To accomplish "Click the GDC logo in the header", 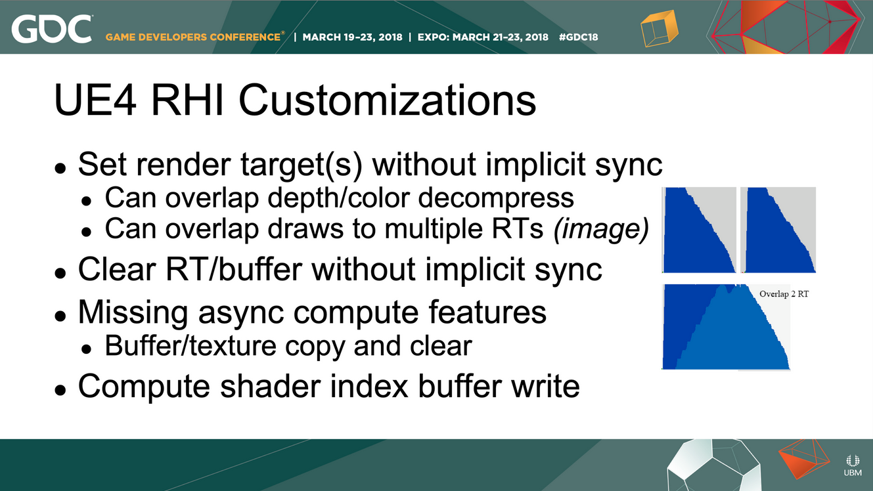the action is tap(52, 29).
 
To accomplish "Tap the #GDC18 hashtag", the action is tap(578, 37).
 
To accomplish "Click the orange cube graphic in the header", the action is tap(660, 28).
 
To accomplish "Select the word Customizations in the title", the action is tap(387, 100).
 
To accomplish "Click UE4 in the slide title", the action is tap(95, 100).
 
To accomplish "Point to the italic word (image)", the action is tap(601, 228).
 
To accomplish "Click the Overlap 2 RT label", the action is tap(784, 294).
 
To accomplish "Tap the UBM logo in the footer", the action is tap(853, 465).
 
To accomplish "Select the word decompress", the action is tap(496, 198).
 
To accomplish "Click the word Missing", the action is tap(133, 312).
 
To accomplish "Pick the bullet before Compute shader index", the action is tap(60, 390).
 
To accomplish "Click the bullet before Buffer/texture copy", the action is tap(87, 349).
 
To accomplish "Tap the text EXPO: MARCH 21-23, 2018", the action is tap(483, 37).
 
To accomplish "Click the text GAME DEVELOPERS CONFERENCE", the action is tap(193, 37).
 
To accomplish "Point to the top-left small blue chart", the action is tap(699, 230).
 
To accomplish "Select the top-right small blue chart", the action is tap(778, 230).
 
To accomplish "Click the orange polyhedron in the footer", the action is tap(804, 459).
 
